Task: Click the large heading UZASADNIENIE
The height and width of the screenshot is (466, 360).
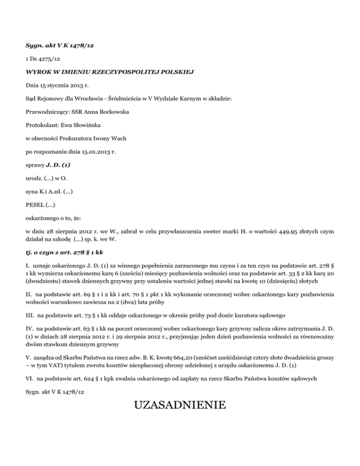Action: [x=180, y=405]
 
